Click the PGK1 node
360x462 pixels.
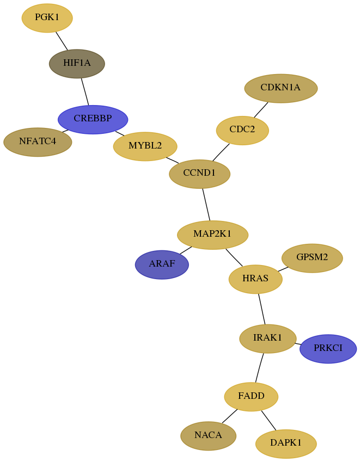point(47,18)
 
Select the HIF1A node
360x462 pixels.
point(77,64)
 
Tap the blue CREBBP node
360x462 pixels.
point(93,119)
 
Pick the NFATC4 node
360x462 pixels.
point(38,142)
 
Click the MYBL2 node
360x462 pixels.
point(145,146)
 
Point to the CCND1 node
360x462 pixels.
point(200,174)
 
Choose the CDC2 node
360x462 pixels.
point(242,131)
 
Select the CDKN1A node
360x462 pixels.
point(281,88)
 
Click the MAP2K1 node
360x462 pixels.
point(212,235)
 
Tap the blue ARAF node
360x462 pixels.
point(162,264)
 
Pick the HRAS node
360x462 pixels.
point(255,279)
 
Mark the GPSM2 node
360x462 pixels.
point(312,258)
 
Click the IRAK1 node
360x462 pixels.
point(268,338)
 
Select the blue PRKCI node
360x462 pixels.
point(328,349)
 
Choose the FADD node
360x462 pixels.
point(251,397)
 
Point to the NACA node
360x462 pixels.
point(209,436)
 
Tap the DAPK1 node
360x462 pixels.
point(286,443)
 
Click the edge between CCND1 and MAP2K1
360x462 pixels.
point(206,205)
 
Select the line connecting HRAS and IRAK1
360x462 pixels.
point(262,309)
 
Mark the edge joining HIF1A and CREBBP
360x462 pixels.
point(85,91)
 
